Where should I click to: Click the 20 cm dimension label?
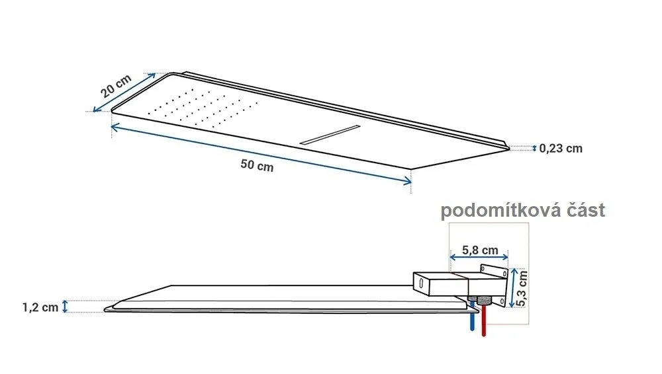click(x=116, y=86)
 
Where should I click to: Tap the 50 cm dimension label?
click(x=257, y=165)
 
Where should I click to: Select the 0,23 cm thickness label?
click(x=561, y=149)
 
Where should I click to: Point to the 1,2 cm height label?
click(x=40, y=307)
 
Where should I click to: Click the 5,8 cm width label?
click(x=480, y=250)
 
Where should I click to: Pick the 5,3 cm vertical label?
click(x=522, y=288)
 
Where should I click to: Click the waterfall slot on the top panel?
click(x=330, y=135)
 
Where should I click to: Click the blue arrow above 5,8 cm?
click(x=479, y=257)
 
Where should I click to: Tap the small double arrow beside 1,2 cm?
click(x=65, y=307)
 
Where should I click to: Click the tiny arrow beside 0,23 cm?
click(x=534, y=148)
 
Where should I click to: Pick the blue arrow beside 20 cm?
click(x=124, y=93)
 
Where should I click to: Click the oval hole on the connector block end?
click(x=420, y=283)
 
